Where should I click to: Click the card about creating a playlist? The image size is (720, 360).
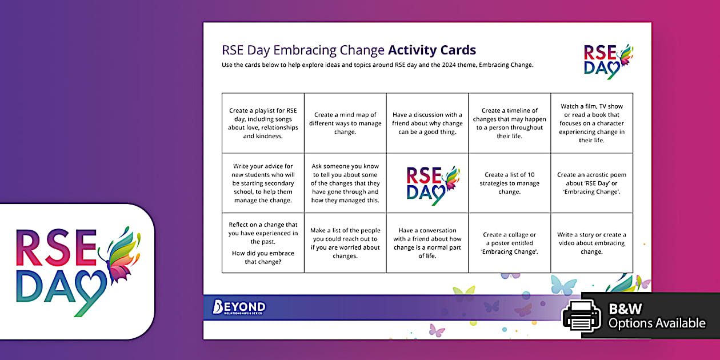[263, 123]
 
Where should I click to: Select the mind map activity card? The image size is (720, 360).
[345, 123]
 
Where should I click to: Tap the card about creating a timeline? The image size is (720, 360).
[509, 123]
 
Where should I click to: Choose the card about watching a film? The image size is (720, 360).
[591, 123]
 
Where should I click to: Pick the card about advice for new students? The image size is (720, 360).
[263, 183]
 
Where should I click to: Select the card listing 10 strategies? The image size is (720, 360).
[509, 183]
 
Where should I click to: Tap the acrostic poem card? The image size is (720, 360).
[591, 183]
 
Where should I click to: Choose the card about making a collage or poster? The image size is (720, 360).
[509, 243]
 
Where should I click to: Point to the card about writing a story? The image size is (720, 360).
[591, 243]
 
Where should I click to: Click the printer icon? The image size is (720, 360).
[582, 315]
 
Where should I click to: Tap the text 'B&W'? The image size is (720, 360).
[625, 309]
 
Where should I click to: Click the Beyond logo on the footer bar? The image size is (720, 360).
[239, 307]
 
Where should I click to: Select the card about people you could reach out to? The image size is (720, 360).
[345, 243]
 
